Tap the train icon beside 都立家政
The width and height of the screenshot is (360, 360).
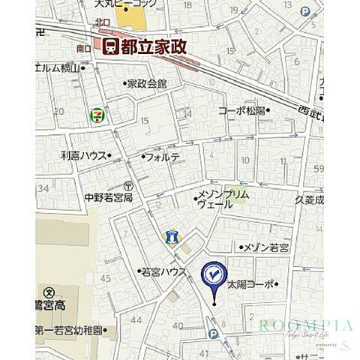(x=110, y=46)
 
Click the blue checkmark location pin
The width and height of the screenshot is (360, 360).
(x=214, y=276)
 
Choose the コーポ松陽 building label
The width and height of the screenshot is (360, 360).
(x=241, y=110)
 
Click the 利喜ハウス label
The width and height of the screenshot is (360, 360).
(x=83, y=155)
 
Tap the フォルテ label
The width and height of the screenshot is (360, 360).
(x=163, y=157)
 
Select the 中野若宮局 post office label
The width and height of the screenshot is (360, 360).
(x=108, y=198)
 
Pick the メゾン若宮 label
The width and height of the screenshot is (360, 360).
(x=271, y=246)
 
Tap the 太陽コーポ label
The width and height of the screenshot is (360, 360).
(x=251, y=284)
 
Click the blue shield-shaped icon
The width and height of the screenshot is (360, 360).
(x=171, y=237)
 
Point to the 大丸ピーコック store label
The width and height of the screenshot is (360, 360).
(x=124, y=4)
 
